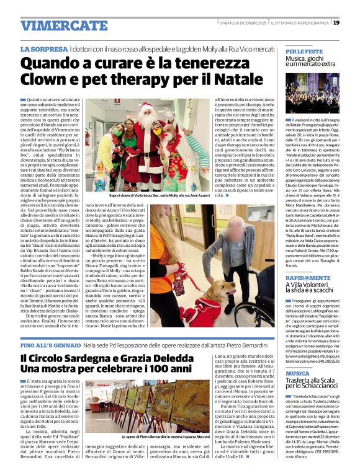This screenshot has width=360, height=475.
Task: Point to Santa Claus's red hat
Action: [x=147, y=106]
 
